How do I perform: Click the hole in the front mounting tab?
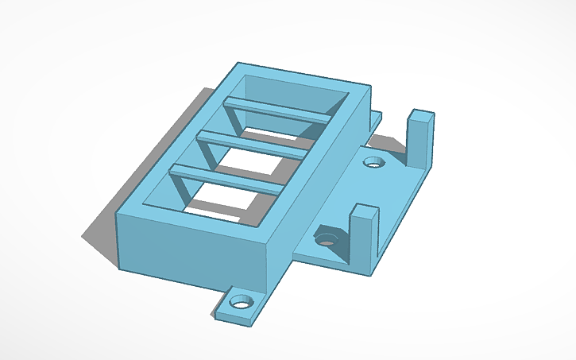click(x=239, y=303)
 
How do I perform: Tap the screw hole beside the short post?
click(x=327, y=237)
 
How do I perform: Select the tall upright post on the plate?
click(x=420, y=140)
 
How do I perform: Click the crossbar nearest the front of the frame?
click(x=226, y=178)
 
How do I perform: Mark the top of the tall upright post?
click(x=422, y=114)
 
